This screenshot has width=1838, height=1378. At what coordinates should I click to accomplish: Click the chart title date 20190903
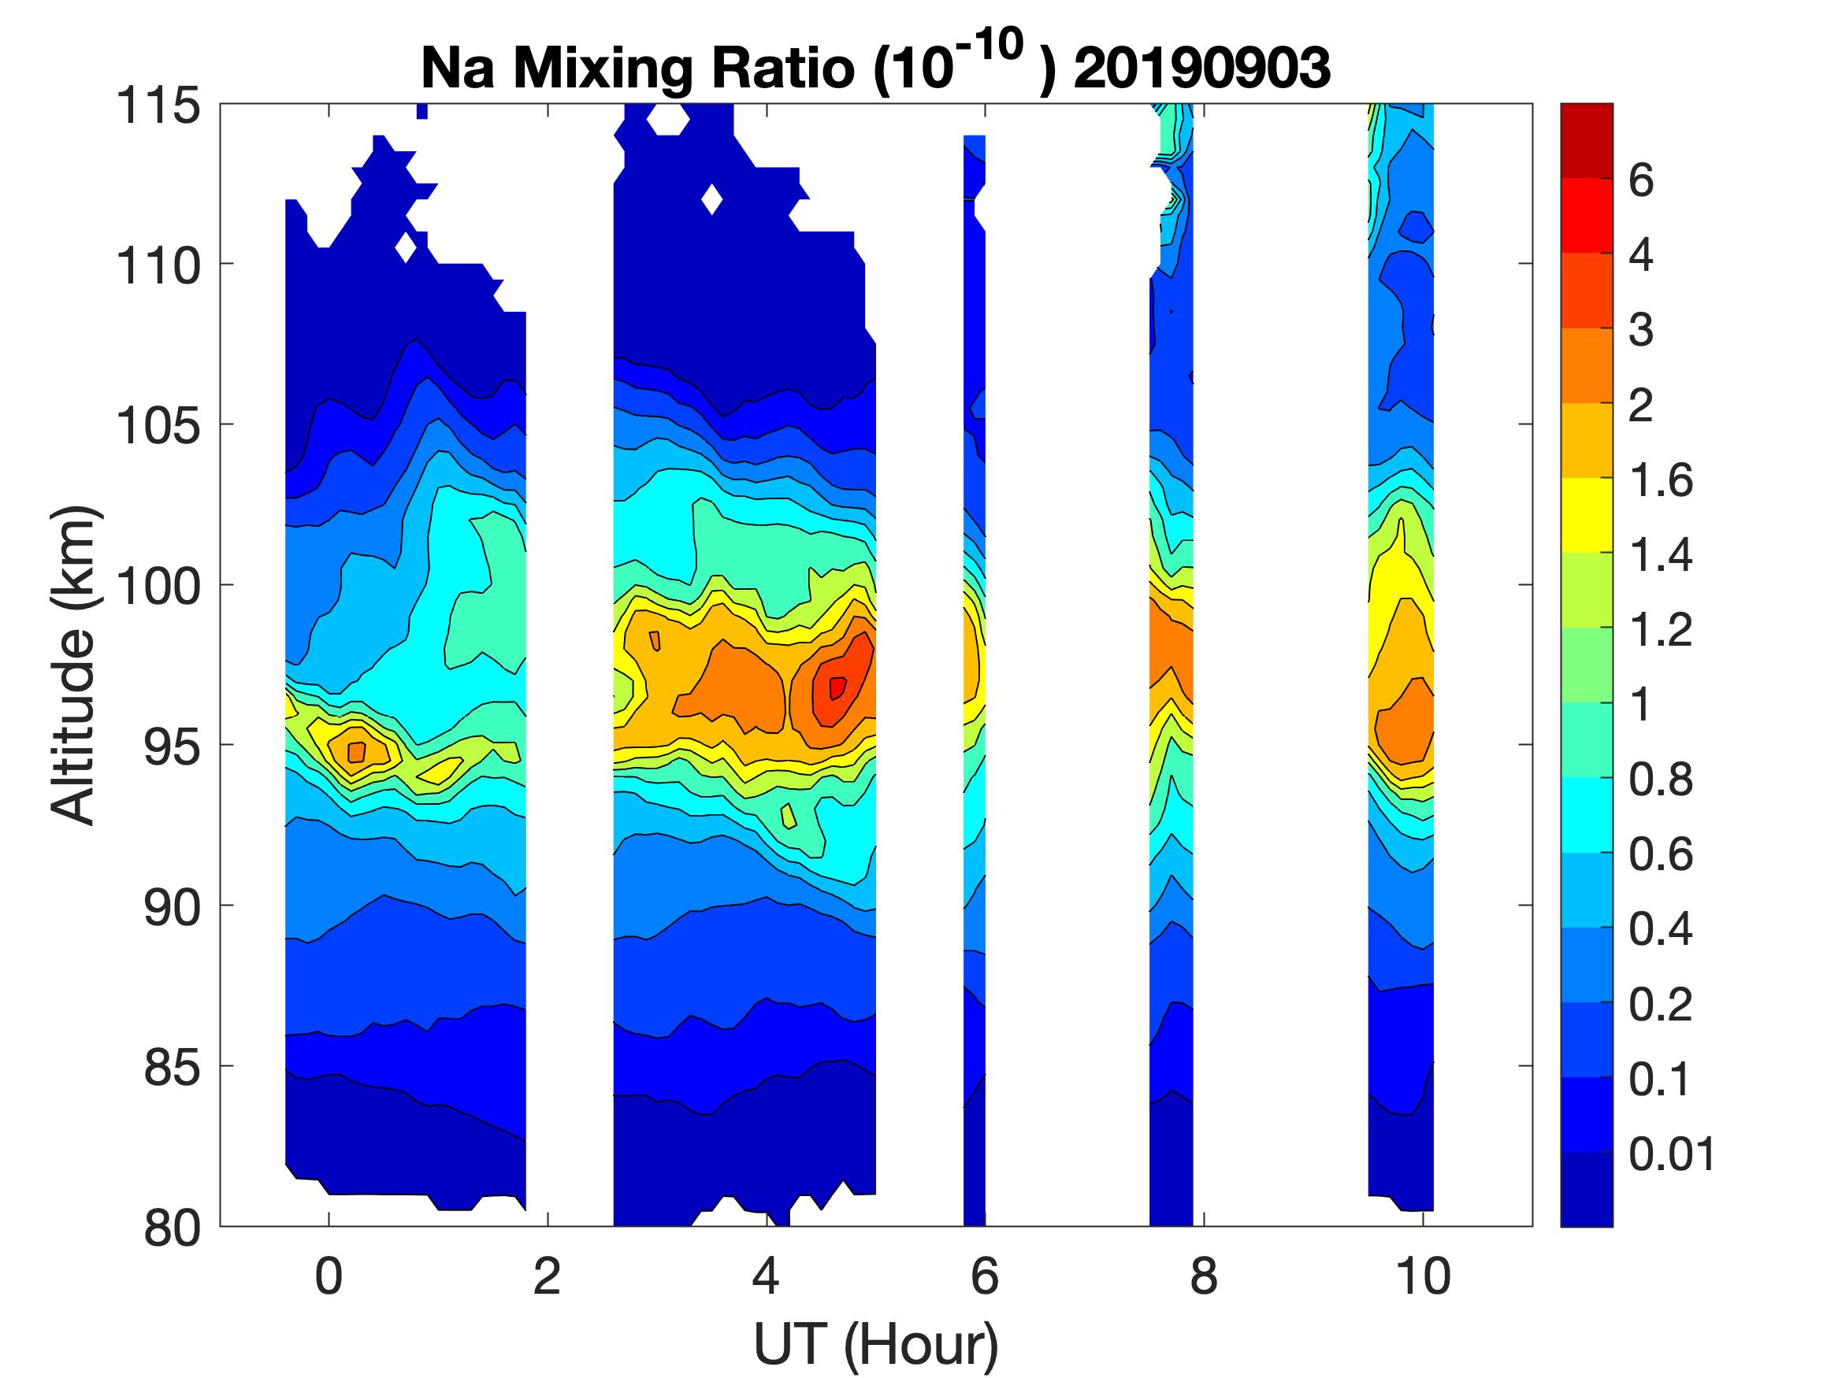[1201, 68]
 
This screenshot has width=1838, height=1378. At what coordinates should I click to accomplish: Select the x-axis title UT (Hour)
[876, 1345]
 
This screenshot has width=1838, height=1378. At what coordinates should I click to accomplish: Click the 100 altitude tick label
[158, 586]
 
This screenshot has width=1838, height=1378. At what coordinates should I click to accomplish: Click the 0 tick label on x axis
[329, 1276]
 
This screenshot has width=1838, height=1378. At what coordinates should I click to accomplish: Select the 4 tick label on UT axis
[765, 1276]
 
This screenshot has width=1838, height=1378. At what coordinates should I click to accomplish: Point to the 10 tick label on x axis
[1423, 1276]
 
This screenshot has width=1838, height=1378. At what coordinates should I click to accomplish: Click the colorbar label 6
[1641, 180]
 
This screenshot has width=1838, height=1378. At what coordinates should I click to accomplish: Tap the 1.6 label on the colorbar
[1660, 480]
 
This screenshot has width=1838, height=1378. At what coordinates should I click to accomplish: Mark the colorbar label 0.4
[1660, 928]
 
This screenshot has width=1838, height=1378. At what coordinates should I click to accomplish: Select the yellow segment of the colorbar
[1586, 515]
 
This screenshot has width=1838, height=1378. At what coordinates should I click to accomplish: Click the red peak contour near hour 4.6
[837, 687]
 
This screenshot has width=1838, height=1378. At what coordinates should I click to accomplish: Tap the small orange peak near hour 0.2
[356, 752]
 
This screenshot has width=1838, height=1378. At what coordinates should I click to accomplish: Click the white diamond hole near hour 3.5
[712, 199]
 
